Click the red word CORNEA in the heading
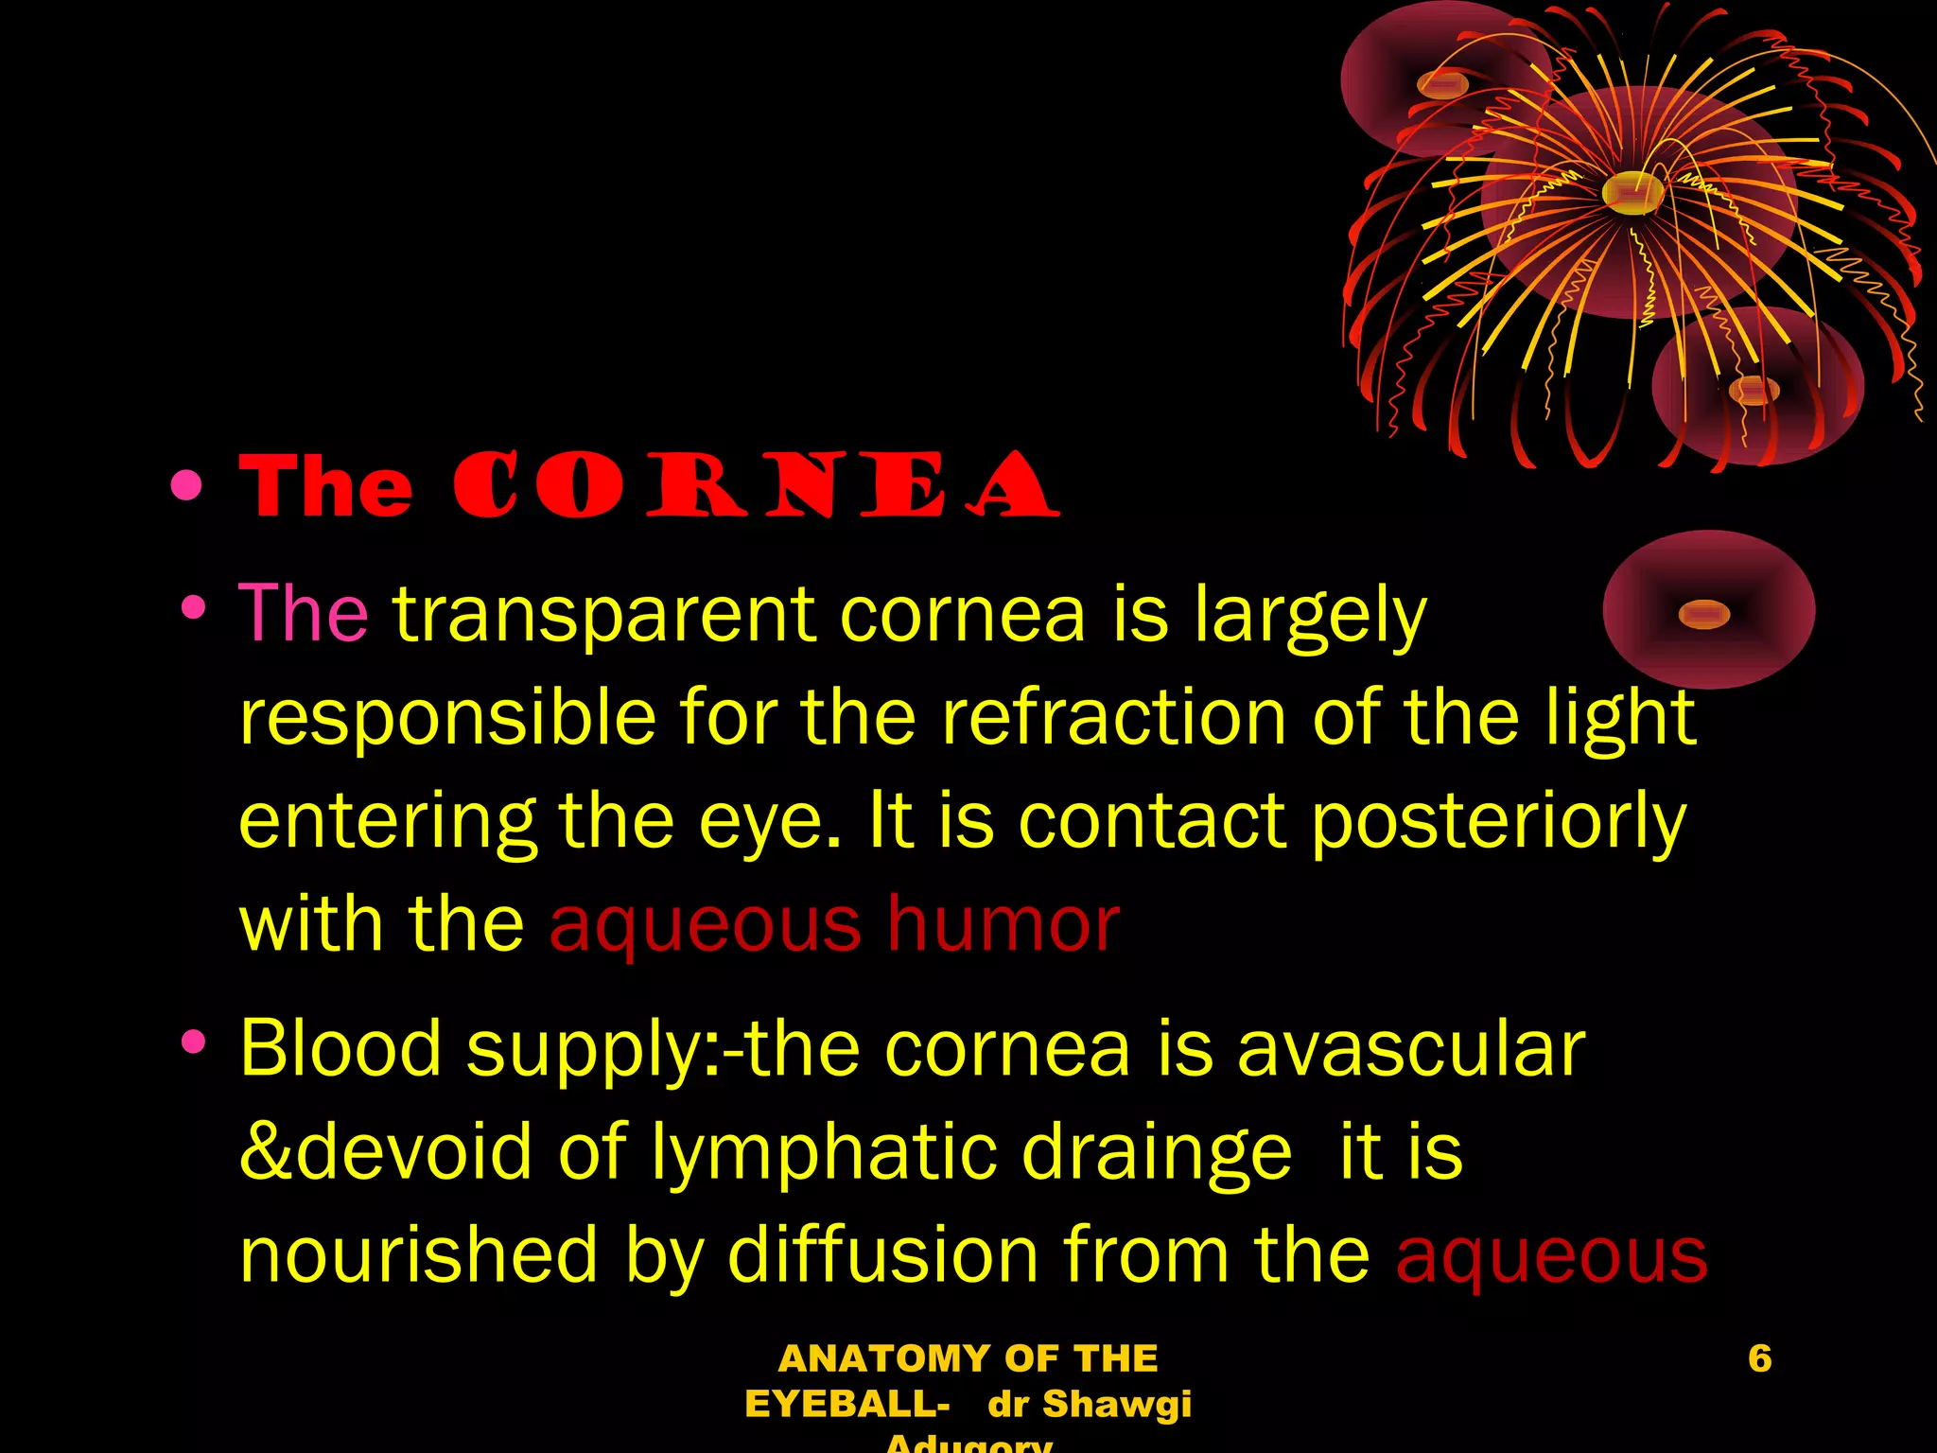coord(755,485)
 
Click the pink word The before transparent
coord(303,614)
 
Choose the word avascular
coord(1410,1049)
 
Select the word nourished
coord(419,1255)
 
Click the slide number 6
coord(1759,1358)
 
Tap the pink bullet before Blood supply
coord(194,1042)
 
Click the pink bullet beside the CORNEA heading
coord(187,485)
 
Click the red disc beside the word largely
coord(1708,610)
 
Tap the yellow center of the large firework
coord(1632,192)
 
